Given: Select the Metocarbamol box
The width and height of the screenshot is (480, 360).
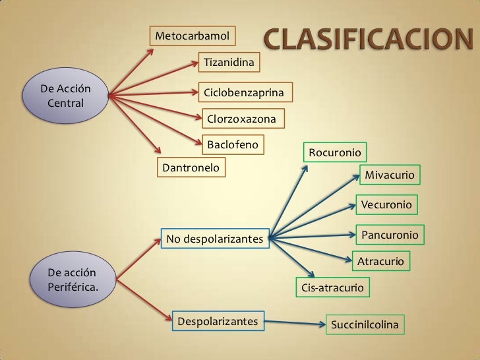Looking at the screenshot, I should point(193,34).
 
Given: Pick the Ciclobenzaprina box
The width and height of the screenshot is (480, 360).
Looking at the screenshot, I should point(244,92).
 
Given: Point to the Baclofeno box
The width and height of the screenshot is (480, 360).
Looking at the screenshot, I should point(233,144).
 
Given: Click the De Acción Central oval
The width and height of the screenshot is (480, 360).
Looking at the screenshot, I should point(66,96).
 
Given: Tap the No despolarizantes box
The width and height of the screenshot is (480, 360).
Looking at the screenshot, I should point(215,238).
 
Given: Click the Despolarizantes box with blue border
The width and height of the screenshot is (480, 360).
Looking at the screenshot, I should point(218,322).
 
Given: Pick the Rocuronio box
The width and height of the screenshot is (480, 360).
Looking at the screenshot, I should point(335,153).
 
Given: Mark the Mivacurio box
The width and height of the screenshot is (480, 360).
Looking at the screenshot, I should point(390,175).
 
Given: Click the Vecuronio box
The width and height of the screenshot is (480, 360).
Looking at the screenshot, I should point(386,205).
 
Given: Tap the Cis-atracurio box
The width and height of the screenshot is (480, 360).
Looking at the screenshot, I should point(332,288).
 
